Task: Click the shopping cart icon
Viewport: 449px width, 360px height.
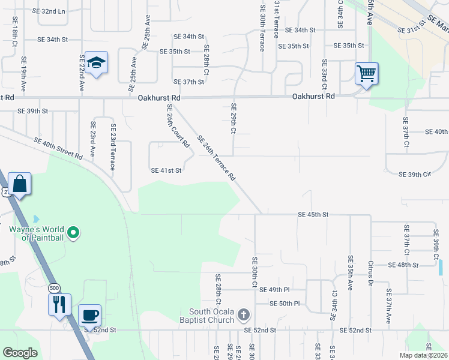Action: click(366, 74)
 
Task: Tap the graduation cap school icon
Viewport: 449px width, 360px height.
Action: click(96, 62)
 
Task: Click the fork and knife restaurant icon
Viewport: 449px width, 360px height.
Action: click(59, 304)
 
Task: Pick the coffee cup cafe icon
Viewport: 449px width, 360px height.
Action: click(89, 315)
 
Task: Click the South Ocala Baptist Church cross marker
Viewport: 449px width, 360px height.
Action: click(243, 314)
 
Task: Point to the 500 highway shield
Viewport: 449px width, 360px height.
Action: click(55, 287)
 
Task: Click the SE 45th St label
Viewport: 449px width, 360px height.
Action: click(313, 214)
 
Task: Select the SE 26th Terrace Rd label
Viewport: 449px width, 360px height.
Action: click(215, 157)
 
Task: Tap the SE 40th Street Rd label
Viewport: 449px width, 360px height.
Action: click(58, 149)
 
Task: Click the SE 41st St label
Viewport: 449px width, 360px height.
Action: click(166, 170)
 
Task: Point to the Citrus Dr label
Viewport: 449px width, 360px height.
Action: click(370, 274)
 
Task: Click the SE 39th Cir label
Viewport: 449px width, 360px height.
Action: click(415, 174)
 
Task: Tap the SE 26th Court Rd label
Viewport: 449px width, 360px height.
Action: click(178, 127)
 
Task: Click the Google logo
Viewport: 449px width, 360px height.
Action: click(20, 353)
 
